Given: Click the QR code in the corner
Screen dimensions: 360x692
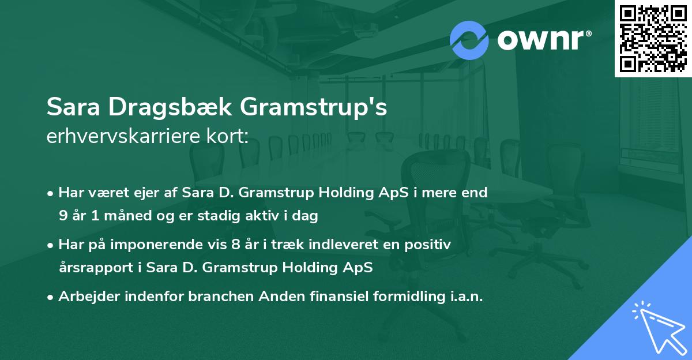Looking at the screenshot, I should pos(653,39).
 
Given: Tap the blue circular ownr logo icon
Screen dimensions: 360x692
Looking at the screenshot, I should pos(469,40).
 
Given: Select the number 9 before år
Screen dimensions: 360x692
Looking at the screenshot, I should pos(63,216).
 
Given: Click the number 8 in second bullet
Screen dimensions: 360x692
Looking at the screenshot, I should pos(234,245).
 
